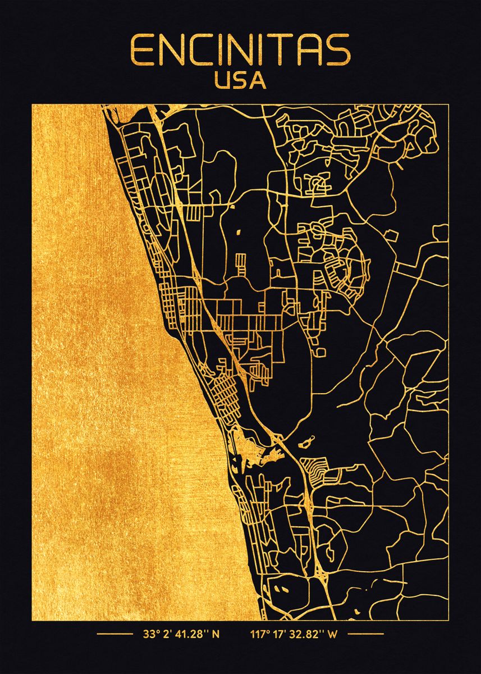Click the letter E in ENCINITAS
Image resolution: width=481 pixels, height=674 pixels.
pos(141,51)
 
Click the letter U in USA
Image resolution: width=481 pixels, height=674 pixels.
pos(223,81)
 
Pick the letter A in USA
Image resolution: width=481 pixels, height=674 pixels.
pos(258,81)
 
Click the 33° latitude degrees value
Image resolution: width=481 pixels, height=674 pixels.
pos(149,635)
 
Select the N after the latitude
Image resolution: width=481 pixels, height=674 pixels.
pos(216,635)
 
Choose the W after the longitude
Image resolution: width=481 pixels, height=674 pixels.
pos(333,635)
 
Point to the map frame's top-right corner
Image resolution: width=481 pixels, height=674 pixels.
pos(449,104)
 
